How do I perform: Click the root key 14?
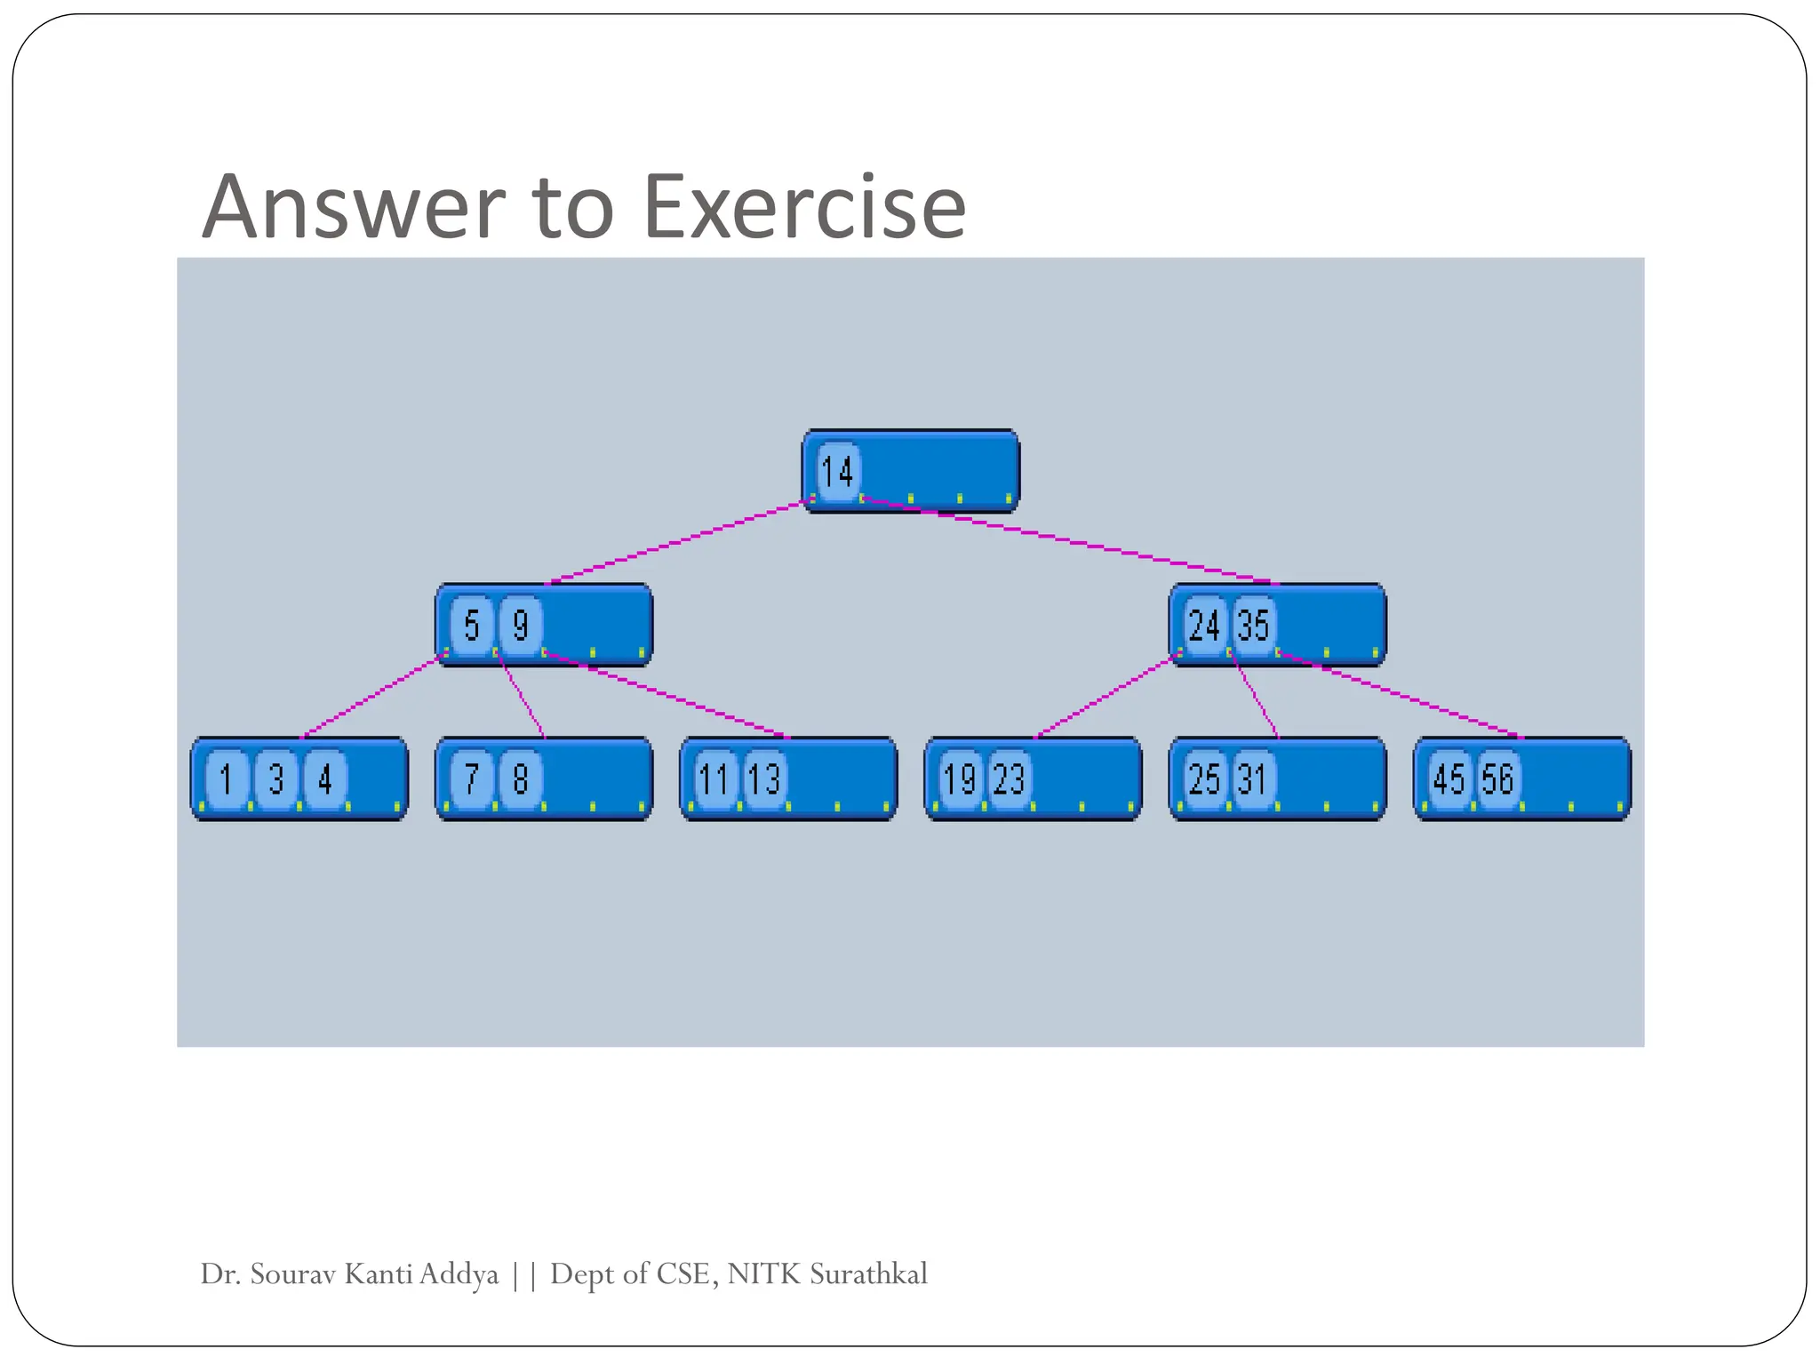point(837,471)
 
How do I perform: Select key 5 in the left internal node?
point(472,625)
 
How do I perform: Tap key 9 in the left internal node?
point(521,625)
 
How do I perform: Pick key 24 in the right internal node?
point(1204,625)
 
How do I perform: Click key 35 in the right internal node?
point(1253,625)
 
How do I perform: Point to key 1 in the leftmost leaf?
point(227,779)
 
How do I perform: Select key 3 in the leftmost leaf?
point(276,779)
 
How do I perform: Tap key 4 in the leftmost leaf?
point(325,779)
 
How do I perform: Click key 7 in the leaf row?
point(472,779)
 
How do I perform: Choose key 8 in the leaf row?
point(521,779)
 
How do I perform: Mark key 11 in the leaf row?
point(714,779)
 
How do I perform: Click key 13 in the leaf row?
point(764,779)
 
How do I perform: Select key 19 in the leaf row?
point(960,779)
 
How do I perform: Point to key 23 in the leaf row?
point(1009,779)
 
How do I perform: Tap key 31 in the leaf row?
point(1253,779)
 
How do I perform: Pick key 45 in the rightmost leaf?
point(1449,779)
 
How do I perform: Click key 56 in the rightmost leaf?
point(1497,779)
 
